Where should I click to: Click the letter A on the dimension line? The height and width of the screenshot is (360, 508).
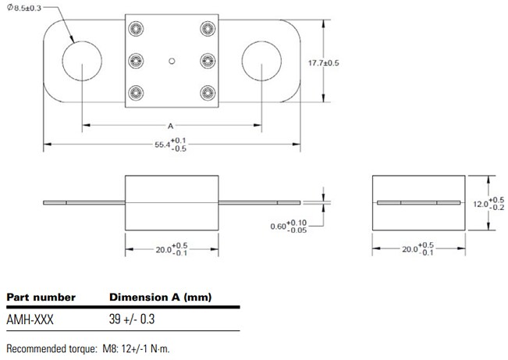click(x=170, y=124)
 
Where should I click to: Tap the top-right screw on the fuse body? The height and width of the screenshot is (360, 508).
click(x=207, y=29)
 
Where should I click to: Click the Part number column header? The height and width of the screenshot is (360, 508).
click(x=41, y=298)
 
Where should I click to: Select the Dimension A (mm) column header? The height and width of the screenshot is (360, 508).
click(x=159, y=298)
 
